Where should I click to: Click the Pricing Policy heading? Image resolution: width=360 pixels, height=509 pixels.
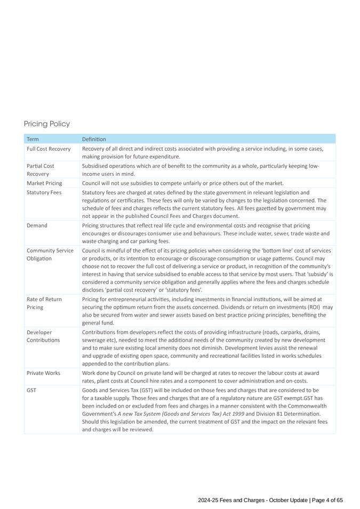(47, 124)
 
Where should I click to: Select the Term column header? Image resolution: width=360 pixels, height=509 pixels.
(33, 139)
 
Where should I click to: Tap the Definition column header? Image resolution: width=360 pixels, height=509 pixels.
(94, 139)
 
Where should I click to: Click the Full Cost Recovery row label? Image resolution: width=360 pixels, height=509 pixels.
(49, 149)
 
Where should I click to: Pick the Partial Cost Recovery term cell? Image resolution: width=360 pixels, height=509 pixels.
(41, 170)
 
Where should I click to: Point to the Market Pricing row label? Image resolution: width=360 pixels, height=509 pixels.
(44, 183)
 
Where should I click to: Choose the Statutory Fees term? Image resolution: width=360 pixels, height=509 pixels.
(44, 192)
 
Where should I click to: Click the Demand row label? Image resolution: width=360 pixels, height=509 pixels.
(37, 225)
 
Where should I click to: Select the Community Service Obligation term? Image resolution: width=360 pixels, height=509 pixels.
(50, 254)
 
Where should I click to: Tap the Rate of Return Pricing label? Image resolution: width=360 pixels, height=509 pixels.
(44, 303)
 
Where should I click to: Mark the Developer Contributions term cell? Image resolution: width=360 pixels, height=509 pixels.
(43, 336)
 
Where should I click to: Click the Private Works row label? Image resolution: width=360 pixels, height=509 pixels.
(43, 373)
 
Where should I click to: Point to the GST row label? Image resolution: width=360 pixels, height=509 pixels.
(31, 390)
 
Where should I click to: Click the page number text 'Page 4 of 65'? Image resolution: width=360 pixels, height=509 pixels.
(327, 500)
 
